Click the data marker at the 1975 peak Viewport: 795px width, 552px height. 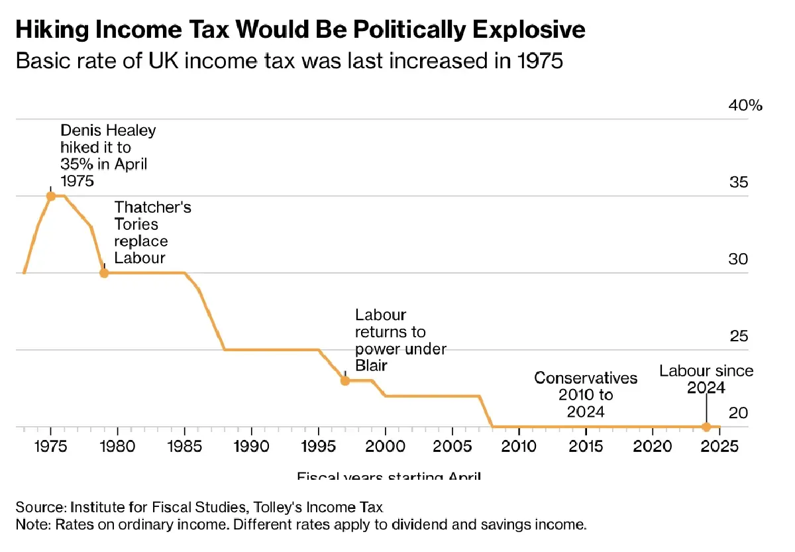pos(50,195)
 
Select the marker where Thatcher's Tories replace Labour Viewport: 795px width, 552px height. pos(104,272)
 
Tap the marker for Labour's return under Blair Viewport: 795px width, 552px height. pos(344,380)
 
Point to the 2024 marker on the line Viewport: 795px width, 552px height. pos(706,427)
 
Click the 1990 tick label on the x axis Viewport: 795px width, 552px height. pos(251,444)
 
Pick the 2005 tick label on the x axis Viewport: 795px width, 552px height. pos(452,444)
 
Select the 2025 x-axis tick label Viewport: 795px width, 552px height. pos(720,444)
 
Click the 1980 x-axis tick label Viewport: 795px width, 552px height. pos(117,444)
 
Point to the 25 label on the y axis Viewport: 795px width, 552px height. pos(738,337)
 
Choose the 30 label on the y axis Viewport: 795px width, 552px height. pos(738,259)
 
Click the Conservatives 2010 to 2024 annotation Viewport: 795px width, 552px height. pos(586,395)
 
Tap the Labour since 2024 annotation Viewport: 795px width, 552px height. pos(706,379)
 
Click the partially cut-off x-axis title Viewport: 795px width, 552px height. pos(389,476)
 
